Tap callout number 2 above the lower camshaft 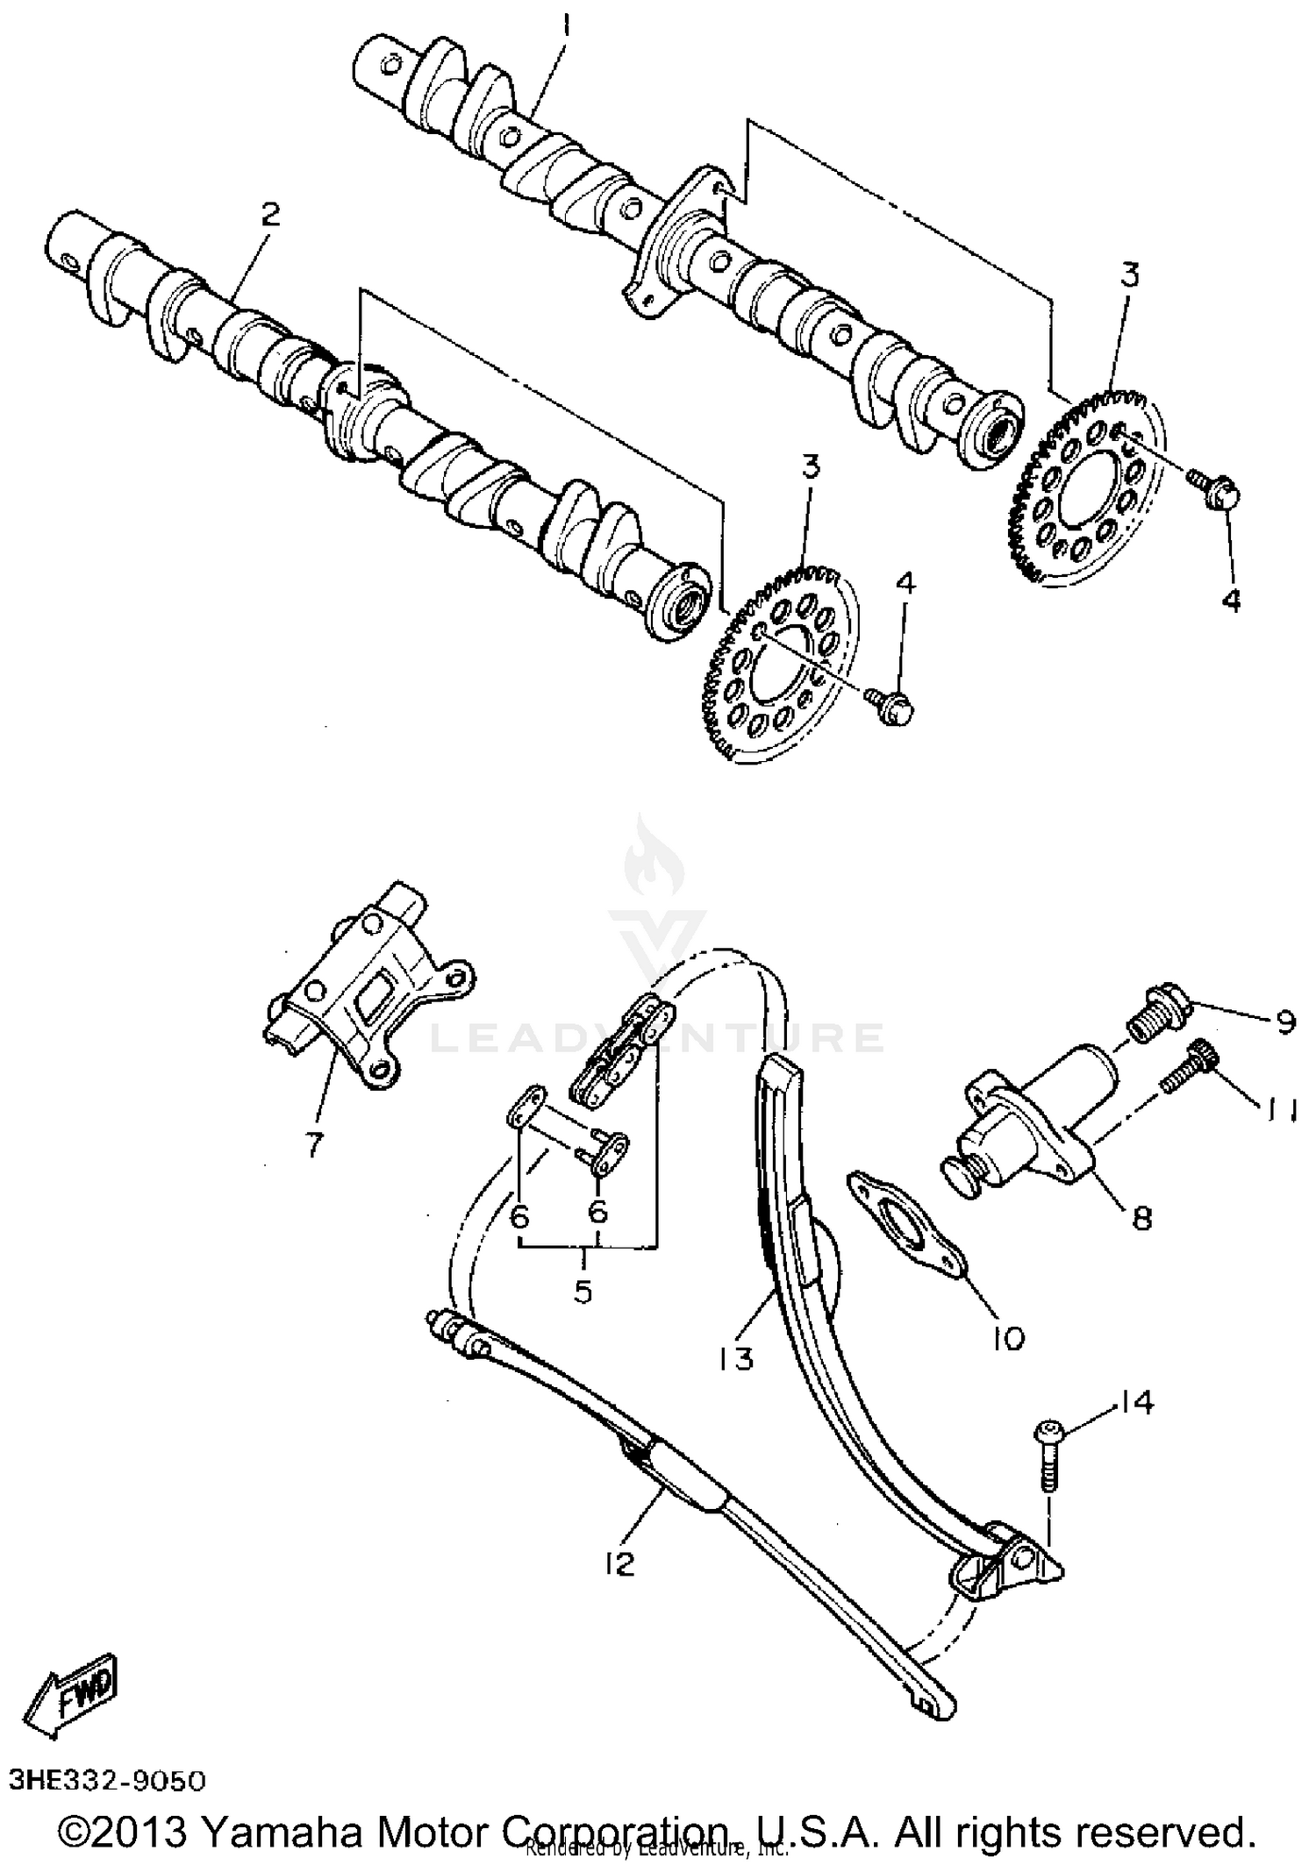[269, 214]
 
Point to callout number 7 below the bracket [314, 1145]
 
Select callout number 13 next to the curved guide [734, 1357]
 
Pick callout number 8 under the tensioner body [1141, 1217]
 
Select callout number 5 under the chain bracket [583, 1291]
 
